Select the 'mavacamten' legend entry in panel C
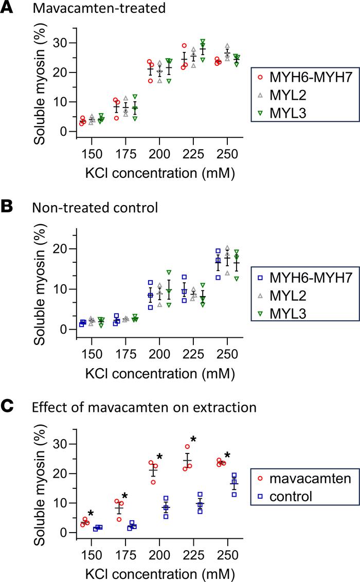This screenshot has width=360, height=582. coord(304,479)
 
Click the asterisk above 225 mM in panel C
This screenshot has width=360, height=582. coord(193,439)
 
